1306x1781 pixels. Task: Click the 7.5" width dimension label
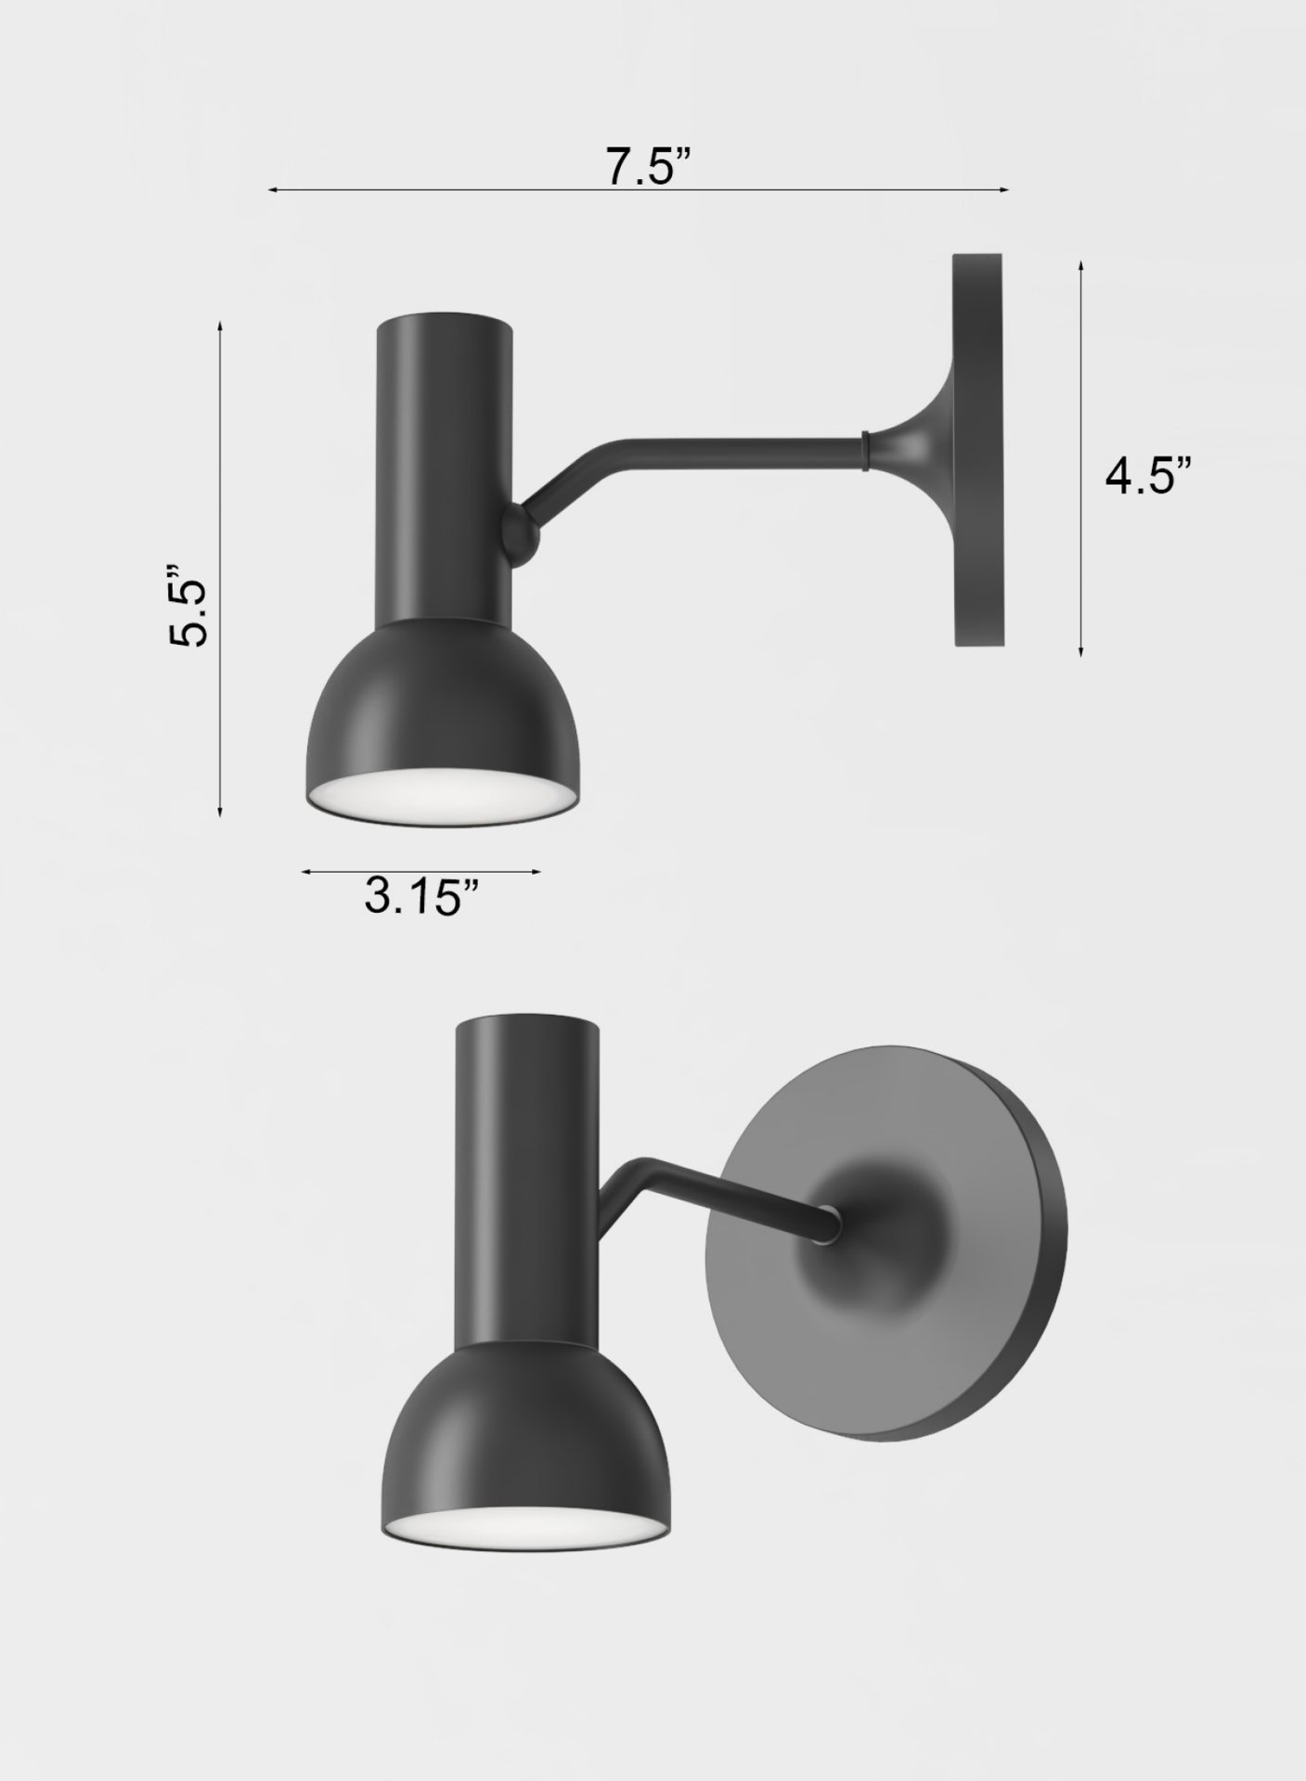tap(648, 167)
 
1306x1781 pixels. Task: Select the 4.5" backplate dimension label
tap(1147, 477)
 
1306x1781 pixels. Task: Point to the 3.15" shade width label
tap(421, 896)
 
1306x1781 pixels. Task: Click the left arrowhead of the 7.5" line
tap(272, 190)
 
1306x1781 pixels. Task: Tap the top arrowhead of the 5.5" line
tap(220, 326)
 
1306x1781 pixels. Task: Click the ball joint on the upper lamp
tap(519, 534)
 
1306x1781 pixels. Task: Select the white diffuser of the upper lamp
tap(441, 795)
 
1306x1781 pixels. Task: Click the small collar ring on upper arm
tap(865, 449)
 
